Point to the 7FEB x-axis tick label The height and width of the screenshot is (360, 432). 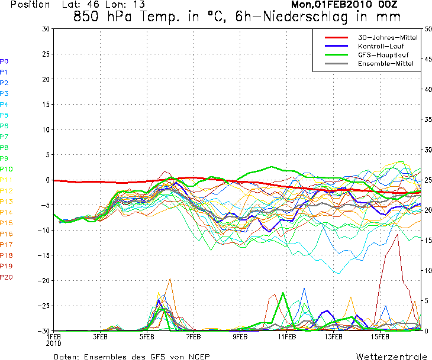tap(193, 337)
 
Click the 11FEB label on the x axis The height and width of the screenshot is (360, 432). tap(286, 337)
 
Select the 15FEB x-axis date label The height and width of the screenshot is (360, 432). tap(380, 337)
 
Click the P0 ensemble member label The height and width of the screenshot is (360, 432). tap(4, 61)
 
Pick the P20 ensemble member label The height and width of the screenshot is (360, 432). tap(7, 277)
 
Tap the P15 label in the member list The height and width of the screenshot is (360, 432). tap(7, 223)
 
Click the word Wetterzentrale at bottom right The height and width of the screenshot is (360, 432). tap(391, 357)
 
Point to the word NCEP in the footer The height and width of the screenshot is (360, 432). tap(198, 357)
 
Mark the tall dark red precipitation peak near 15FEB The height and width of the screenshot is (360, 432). tap(398, 235)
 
